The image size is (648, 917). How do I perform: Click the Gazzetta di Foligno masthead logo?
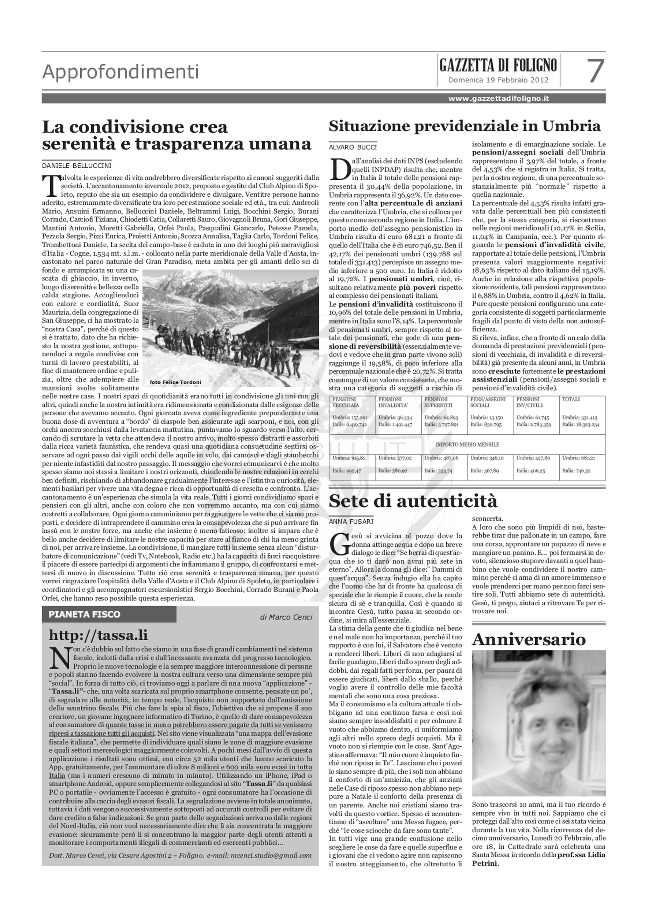point(498,65)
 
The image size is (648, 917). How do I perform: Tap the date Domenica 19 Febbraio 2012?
point(498,80)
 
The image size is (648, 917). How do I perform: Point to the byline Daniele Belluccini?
point(77,165)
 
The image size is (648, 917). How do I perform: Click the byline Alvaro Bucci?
point(353,147)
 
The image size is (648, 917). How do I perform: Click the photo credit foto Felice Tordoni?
point(175,382)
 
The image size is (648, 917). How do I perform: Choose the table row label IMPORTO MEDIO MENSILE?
point(467,444)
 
